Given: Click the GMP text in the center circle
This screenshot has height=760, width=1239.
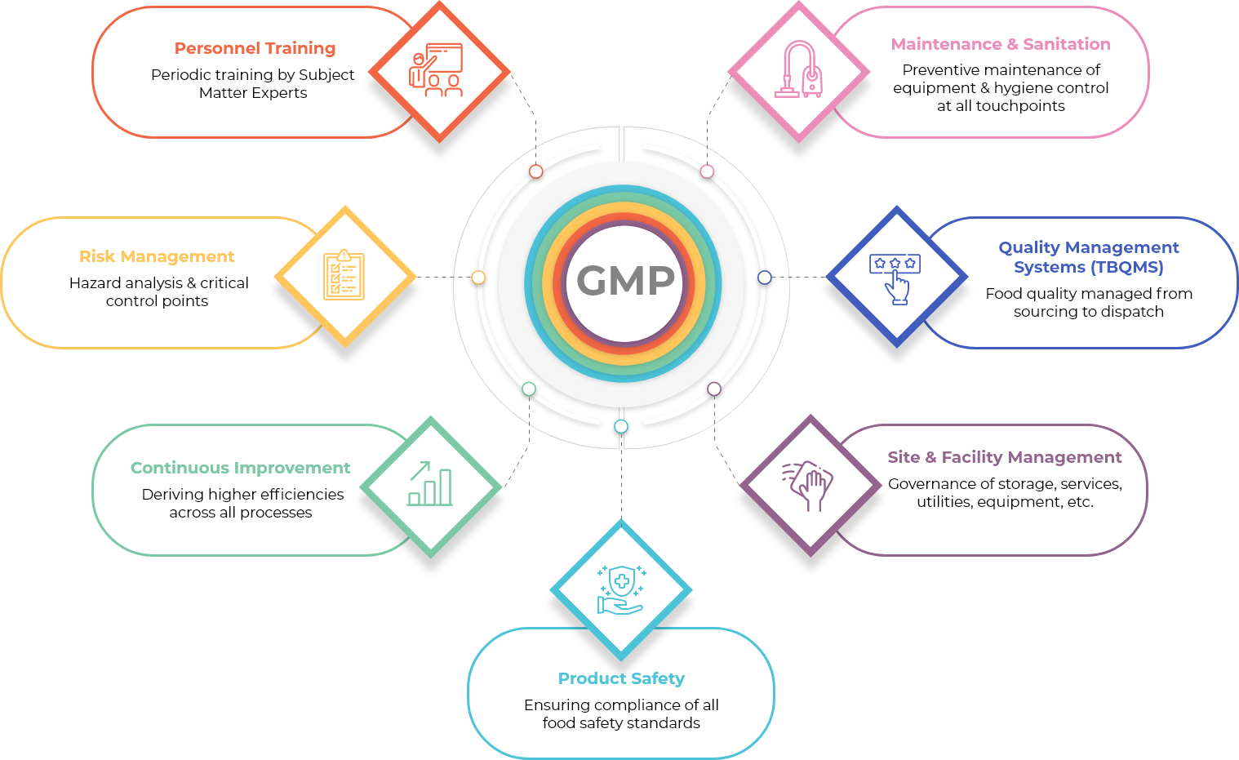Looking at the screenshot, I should click(626, 282).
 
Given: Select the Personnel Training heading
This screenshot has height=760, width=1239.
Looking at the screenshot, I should click(255, 49).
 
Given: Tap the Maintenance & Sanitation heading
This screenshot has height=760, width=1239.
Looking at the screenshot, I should click(1001, 45).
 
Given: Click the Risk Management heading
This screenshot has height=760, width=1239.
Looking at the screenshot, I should click(157, 257).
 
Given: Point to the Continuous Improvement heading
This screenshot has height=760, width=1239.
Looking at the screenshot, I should click(240, 469).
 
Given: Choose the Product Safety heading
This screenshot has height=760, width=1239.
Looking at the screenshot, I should click(621, 679).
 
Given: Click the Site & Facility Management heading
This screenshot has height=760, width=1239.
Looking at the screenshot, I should click(1005, 458).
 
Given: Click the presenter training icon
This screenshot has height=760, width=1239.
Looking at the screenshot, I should click(436, 70).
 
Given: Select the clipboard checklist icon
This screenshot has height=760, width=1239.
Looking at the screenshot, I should click(344, 275).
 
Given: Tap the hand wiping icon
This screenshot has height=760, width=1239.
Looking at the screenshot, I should click(808, 486).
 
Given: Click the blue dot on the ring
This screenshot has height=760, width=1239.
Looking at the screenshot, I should click(764, 278).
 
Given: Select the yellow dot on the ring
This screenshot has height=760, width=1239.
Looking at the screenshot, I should click(478, 278).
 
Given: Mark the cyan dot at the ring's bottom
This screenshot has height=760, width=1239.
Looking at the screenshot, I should click(621, 426).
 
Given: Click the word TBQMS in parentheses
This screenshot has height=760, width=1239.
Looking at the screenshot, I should click(1129, 268).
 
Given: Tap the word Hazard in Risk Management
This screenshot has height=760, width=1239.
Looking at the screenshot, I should click(95, 283).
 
